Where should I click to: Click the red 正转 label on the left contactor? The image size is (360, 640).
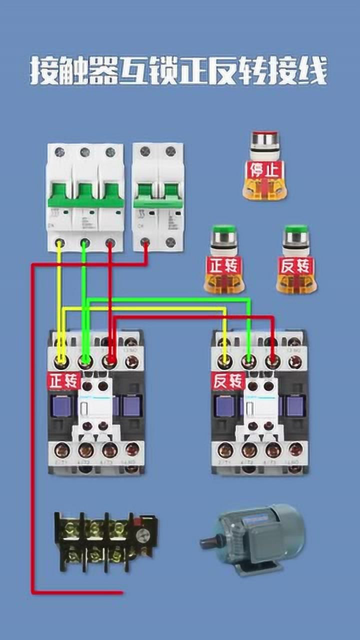pyautogui.click(x=64, y=381)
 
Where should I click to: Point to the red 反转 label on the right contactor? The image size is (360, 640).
pyautogui.click(x=228, y=381)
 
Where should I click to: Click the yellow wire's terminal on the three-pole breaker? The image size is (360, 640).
pyautogui.click(x=59, y=243)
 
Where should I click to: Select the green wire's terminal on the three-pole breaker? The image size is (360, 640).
pyautogui.click(x=84, y=243)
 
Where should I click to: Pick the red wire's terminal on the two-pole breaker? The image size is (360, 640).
pyautogui.click(x=145, y=243)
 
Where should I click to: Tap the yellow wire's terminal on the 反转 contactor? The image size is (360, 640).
pyautogui.click(x=225, y=360)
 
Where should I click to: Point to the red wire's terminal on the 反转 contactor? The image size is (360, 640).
pyautogui.click(x=272, y=360)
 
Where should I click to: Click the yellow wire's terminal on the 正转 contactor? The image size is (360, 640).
pyautogui.click(x=61, y=360)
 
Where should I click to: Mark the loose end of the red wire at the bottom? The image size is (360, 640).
pyautogui.click(x=121, y=593)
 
